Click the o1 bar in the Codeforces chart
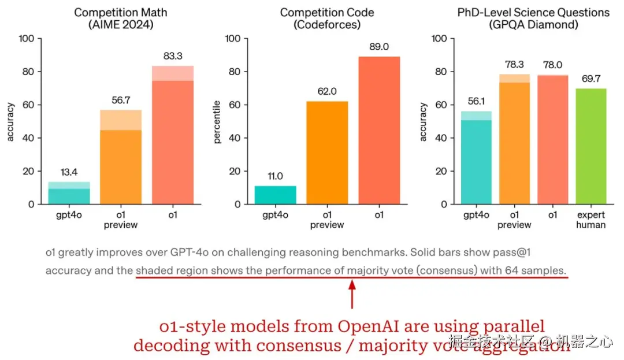[378, 130]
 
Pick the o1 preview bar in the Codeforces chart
[327, 153]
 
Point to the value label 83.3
[173, 56]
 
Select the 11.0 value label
[275, 176]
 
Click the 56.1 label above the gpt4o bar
[475, 101]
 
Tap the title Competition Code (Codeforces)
[327, 18]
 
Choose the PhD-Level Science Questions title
[533, 13]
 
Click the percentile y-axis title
[217, 122]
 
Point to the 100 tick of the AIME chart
[27, 39]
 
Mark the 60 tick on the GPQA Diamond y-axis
[440, 105]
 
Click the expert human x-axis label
[590, 220]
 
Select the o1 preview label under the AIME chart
[121, 220]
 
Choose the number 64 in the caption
[512, 270]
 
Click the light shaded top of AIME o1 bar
[173, 73]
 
